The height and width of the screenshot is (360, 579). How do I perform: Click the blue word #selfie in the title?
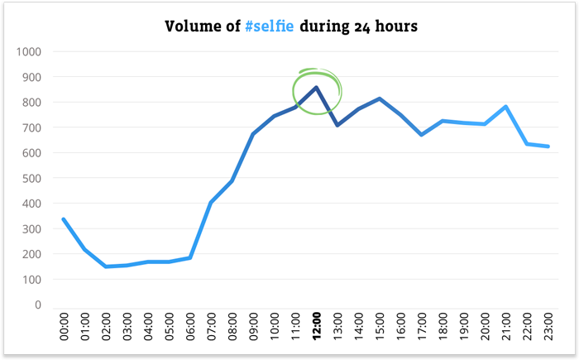click(269, 26)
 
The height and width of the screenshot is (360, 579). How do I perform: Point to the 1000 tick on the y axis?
click(28, 51)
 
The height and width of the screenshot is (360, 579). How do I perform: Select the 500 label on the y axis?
click(31, 178)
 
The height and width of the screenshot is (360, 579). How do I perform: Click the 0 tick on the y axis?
click(37, 305)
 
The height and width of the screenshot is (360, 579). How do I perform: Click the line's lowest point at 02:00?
click(106, 266)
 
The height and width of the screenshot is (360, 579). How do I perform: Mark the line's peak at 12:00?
click(317, 87)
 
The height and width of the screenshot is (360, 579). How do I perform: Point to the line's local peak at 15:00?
click(380, 98)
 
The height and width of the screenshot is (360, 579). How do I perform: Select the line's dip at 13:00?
click(337, 125)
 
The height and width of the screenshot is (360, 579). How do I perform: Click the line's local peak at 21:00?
click(506, 106)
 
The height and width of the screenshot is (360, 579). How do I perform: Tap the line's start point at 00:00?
click(64, 219)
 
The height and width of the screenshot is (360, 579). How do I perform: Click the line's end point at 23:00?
click(548, 146)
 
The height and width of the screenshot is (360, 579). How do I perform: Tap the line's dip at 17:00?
click(422, 134)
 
